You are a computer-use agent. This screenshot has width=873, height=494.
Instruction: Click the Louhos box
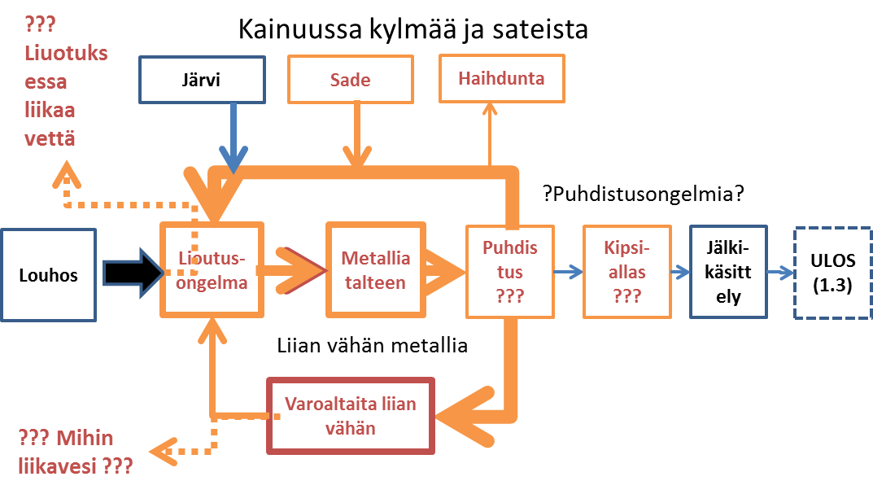[49, 274]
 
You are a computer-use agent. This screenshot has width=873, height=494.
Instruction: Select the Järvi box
[202, 80]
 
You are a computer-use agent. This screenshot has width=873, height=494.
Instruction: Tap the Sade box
[351, 80]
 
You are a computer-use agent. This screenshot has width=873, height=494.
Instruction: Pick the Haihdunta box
[501, 78]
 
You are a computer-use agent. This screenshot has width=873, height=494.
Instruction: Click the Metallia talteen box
[376, 269]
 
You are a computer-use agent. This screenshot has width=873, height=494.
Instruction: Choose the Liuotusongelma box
[213, 269]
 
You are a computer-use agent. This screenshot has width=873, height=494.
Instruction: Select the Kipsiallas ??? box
[625, 271]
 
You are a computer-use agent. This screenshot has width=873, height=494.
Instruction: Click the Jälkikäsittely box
[728, 272]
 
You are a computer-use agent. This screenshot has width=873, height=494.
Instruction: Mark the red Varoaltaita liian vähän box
[351, 414]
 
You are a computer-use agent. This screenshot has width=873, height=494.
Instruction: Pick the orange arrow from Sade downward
[356, 138]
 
